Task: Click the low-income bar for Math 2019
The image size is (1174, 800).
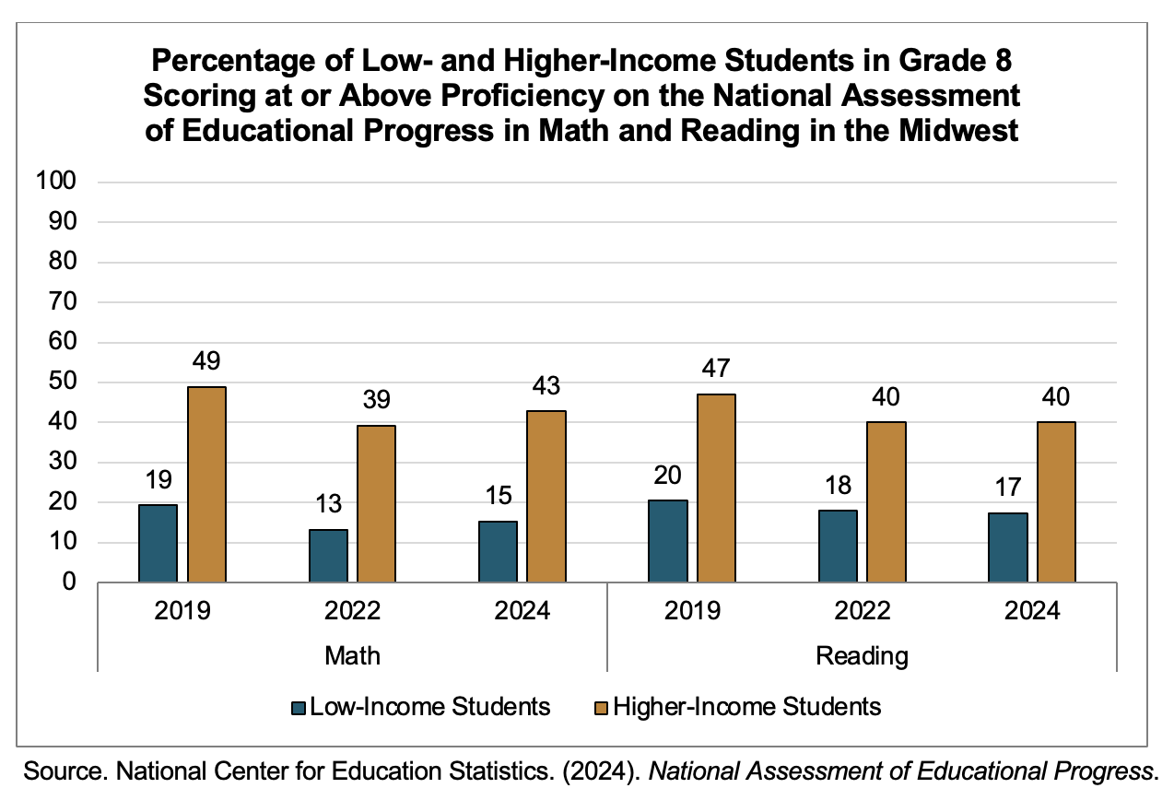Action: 158,543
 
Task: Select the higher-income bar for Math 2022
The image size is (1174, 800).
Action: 376,503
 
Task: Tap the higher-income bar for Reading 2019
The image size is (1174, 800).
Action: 715,488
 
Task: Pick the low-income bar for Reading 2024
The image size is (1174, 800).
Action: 1008,547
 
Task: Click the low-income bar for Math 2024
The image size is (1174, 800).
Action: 498,551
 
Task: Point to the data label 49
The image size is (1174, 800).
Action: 206,360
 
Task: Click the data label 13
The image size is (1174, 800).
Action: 327,504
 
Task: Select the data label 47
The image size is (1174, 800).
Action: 715,369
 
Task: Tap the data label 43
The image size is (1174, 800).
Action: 546,384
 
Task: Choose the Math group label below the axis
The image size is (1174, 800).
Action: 352,656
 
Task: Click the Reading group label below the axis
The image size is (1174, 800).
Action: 862,656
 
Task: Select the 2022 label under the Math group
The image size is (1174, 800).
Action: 352,611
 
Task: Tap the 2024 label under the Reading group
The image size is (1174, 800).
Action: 1031,611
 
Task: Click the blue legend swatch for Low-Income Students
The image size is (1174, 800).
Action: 298,708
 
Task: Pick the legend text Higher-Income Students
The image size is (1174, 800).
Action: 747,707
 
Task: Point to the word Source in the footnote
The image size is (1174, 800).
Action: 58,771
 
